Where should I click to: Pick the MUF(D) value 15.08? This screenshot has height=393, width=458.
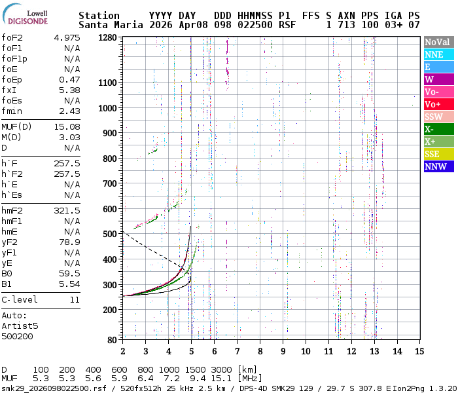click(x=66, y=126)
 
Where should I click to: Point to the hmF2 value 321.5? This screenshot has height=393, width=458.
click(x=66, y=210)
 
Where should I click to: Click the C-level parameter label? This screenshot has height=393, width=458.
click(x=20, y=299)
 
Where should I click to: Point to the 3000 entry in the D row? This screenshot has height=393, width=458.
click(x=222, y=369)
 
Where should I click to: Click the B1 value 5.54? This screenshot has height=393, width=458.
click(x=69, y=284)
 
